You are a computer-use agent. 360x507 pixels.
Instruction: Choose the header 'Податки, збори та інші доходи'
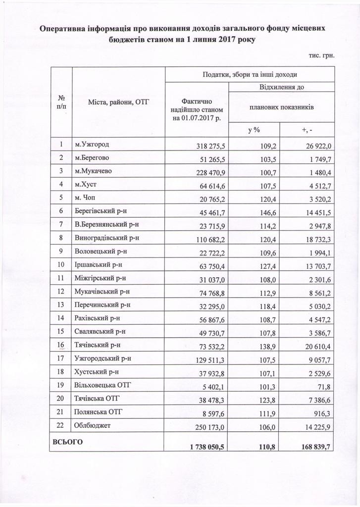[x=249, y=74]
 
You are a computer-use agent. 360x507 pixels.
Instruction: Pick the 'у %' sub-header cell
[x=254, y=130]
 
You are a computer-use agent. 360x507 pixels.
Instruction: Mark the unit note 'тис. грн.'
[x=322, y=55]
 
